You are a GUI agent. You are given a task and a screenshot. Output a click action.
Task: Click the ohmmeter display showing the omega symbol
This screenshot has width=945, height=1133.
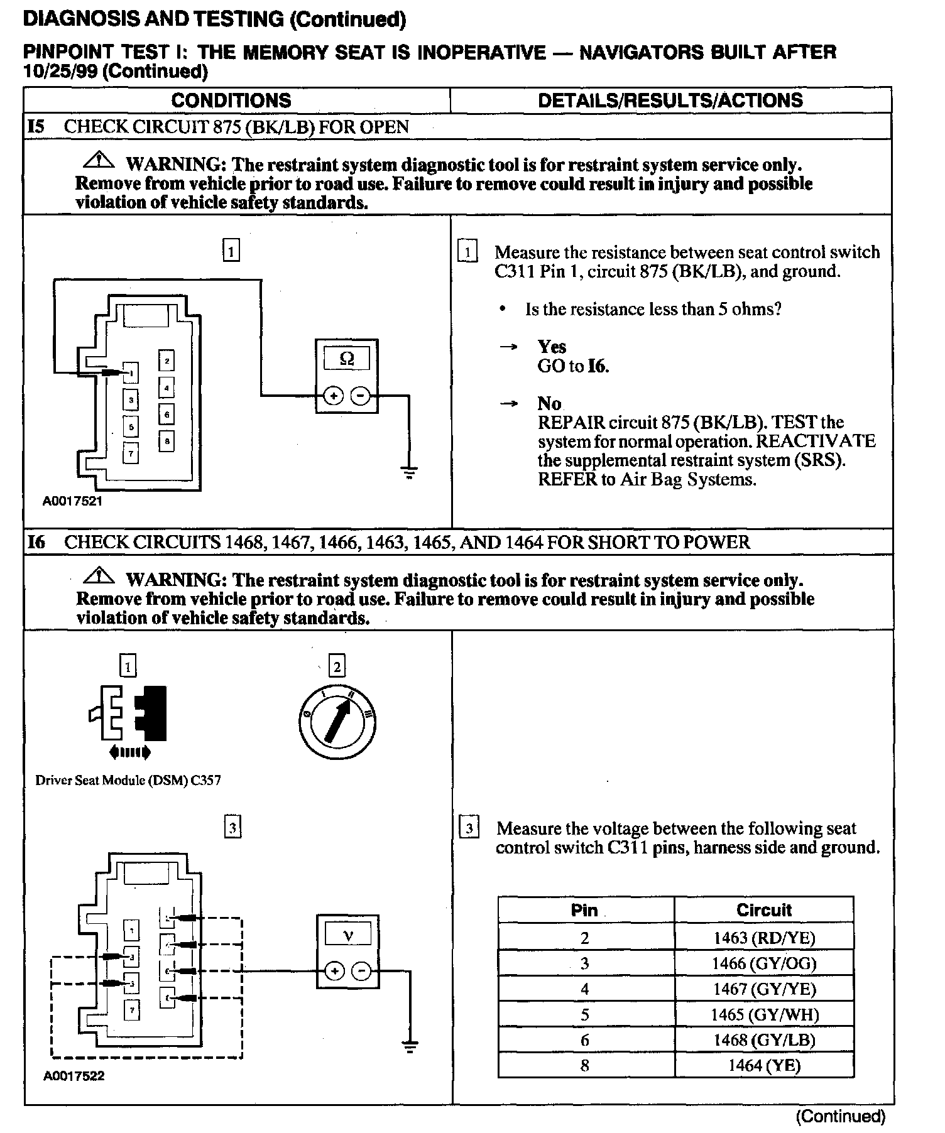pyautogui.click(x=346, y=359)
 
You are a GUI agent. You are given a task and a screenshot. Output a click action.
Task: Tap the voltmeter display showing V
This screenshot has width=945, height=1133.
pyautogui.click(x=347, y=935)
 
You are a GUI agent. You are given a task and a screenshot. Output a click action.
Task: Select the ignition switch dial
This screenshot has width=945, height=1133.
pyautogui.click(x=337, y=722)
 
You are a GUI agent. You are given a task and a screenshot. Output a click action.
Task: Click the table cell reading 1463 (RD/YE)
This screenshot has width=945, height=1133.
pyautogui.click(x=764, y=938)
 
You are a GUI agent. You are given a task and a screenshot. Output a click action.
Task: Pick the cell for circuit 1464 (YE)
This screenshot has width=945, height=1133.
pyautogui.click(x=764, y=1065)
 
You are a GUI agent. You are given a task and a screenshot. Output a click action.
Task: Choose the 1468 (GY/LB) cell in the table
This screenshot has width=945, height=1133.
pyautogui.click(x=764, y=1040)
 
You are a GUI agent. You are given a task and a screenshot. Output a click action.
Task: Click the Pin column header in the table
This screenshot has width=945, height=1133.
pyautogui.click(x=584, y=910)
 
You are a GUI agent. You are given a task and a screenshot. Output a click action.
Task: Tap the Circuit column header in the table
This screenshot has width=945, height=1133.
pyautogui.click(x=764, y=910)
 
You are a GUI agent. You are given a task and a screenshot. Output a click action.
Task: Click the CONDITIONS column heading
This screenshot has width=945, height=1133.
pyautogui.click(x=231, y=100)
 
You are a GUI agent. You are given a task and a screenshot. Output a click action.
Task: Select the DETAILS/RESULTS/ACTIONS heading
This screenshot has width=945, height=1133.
pyautogui.click(x=670, y=100)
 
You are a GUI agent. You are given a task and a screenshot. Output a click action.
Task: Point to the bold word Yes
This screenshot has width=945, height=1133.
pyautogui.click(x=552, y=347)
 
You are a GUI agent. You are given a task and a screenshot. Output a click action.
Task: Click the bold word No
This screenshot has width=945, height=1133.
pyautogui.click(x=549, y=403)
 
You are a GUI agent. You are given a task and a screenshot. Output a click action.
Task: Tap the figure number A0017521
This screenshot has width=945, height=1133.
pyautogui.click(x=72, y=501)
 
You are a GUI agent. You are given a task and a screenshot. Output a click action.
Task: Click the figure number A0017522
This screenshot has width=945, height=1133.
pyautogui.click(x=74, y=1076)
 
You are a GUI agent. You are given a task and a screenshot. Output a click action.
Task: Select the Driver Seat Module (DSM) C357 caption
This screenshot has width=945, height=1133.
pyautogui.click(x=128, y=781)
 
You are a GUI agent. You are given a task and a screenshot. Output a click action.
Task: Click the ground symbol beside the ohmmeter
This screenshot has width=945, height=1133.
pyautogui.click(x=409, y=472)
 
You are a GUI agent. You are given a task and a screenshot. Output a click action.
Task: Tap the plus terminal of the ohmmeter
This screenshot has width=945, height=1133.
pyautogui.click(x=334, y=396)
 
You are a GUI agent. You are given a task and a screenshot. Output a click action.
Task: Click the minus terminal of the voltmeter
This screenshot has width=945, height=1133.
pyautogui.click(x=361, y=972)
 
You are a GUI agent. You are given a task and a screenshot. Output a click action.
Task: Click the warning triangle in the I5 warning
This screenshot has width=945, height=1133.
pyautogui.click(x=99, y=161)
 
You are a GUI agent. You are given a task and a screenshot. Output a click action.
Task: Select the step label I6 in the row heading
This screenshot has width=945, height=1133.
pyautogui.click(x=36, y=542)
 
